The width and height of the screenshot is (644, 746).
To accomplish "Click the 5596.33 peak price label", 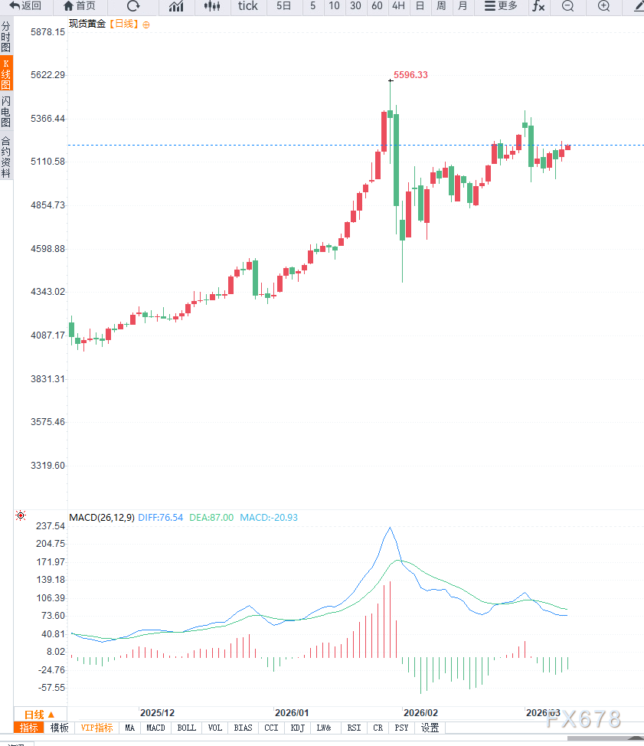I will (410, 75).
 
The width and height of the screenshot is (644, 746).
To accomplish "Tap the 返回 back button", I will (25, 6).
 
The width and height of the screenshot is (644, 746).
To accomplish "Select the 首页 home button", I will (80, 6).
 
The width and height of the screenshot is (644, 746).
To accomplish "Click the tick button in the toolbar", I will (248, 6).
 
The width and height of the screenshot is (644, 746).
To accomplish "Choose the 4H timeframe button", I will (398, 6).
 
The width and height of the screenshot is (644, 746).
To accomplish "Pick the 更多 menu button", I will (501, 6).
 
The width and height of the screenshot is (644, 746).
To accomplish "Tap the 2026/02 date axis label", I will (420, 712).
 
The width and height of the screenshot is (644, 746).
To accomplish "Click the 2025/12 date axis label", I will (157, 712).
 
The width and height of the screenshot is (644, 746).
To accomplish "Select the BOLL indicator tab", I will (186, 728).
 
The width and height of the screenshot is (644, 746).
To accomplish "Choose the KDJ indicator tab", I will (298, 728).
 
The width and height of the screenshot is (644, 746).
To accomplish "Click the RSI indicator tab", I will (354, 728).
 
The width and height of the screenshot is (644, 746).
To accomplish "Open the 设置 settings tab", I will (430, 728).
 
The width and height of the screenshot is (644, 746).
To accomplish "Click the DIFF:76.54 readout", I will (160, 518).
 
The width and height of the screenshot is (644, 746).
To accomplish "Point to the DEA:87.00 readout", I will (211, 518).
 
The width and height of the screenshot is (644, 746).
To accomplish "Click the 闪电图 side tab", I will (6, 112).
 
